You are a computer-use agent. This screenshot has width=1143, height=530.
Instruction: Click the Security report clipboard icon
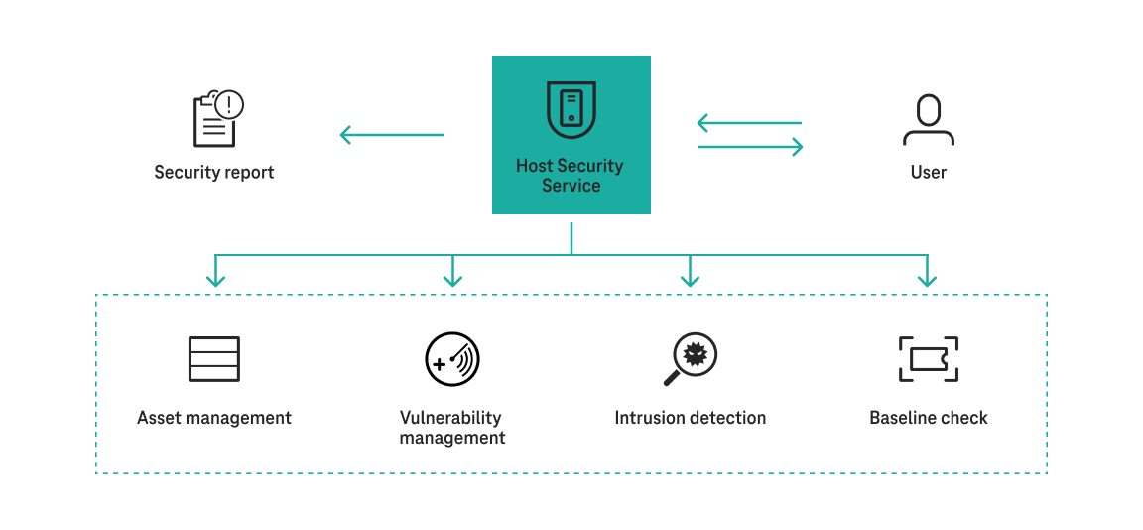coord(214,120)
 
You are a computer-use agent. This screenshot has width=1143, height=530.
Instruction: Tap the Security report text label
coord(214,173)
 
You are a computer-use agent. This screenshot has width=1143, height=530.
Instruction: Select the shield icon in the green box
coord(571,109)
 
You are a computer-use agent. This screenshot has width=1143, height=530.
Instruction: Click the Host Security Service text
coord(571,176)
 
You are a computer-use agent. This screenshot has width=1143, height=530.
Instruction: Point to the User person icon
coord(928,120)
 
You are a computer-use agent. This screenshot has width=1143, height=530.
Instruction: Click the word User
coord(928,173)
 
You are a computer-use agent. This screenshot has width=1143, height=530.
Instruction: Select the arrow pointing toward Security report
coord(392,135)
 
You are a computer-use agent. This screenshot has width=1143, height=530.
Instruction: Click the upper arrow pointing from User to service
coord(749,123)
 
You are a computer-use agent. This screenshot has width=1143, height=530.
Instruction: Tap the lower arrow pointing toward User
coord(750,147)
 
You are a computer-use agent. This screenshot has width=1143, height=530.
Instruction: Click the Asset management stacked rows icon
coord(214,359)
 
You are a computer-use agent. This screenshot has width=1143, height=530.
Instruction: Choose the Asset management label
coord(214,418)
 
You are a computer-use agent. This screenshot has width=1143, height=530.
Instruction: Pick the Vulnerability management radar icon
coord(452,359)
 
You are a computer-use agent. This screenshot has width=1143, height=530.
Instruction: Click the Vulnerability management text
coord(452,428)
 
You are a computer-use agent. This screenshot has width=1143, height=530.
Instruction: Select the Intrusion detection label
coord(690,418)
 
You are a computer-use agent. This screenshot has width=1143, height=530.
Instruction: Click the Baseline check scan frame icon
coord(928,359)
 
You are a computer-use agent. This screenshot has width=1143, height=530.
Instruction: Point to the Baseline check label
coord(928,418)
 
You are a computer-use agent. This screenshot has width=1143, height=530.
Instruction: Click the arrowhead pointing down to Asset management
coord(215,281)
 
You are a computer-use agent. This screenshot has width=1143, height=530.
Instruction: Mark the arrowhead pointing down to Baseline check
coord(928,281)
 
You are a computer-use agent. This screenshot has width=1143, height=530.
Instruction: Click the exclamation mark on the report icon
coord(229,103)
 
